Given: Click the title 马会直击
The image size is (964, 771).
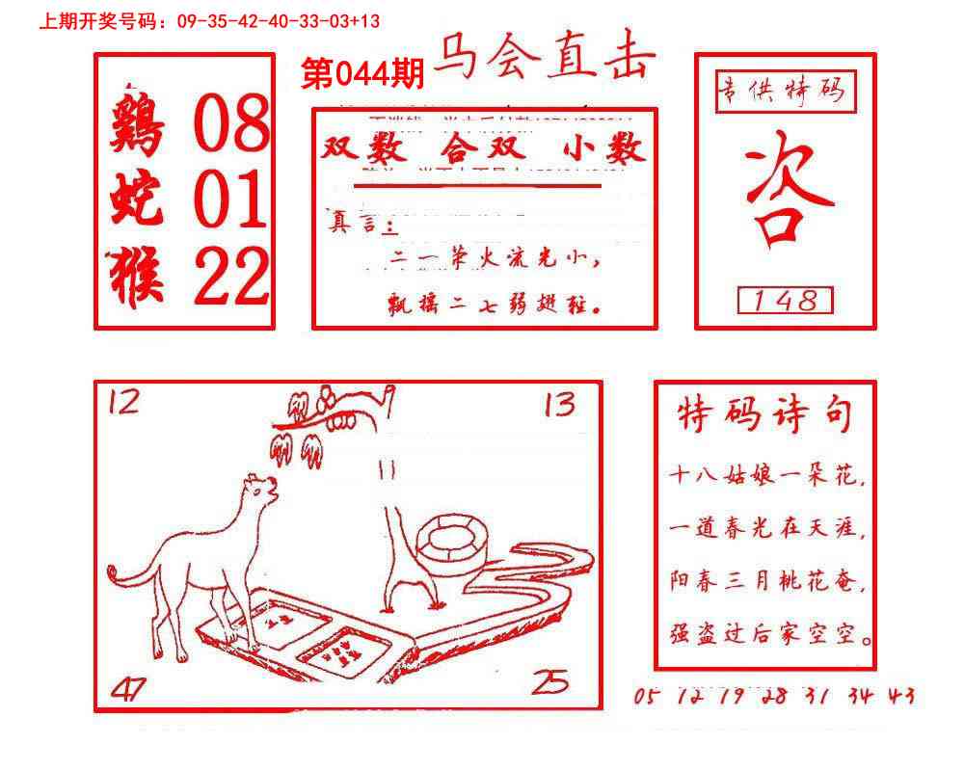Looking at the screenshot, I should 545,60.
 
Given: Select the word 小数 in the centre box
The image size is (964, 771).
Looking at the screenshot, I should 602,149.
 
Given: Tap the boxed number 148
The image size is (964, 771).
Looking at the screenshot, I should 785,301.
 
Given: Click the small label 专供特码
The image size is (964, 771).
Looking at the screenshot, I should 782,91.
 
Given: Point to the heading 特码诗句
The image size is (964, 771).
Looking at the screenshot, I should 765,415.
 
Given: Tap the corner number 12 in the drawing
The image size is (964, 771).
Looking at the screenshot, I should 123,400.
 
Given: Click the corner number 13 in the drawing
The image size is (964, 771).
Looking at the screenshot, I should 559,405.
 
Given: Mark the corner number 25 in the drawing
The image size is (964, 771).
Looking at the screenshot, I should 550,682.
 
